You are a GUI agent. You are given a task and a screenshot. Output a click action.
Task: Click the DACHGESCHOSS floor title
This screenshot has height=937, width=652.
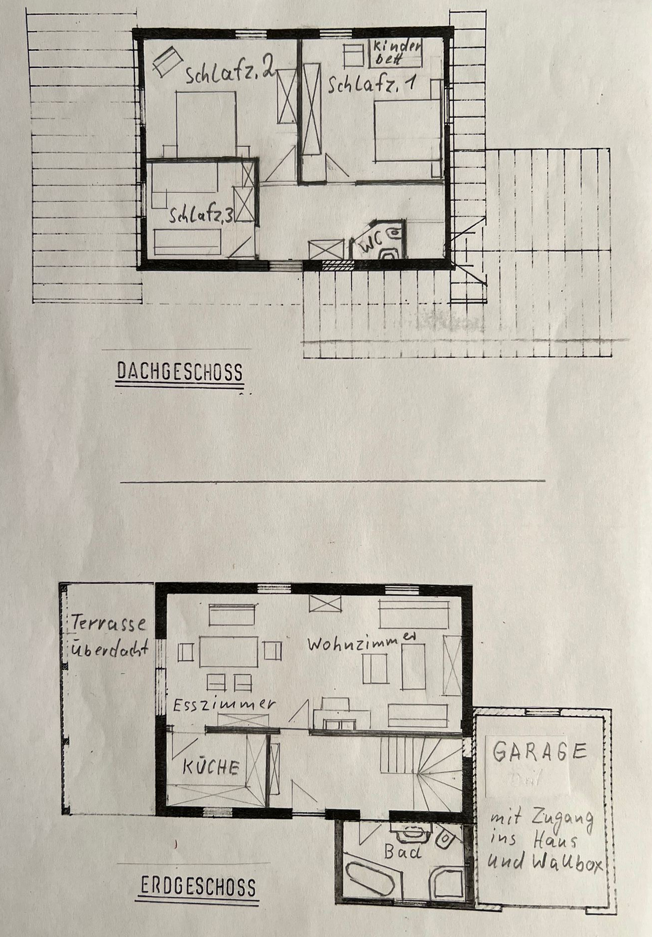tap(180, 372)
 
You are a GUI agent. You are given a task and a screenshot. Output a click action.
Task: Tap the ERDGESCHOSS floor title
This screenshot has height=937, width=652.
tap(198, 887)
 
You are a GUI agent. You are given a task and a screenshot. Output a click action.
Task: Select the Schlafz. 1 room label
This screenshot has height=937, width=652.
tap(372, 85)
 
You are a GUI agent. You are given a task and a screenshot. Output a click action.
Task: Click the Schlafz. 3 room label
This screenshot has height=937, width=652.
tap(201, 216)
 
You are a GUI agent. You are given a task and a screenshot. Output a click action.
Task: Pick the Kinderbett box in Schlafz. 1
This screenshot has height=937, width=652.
tap(396, 53)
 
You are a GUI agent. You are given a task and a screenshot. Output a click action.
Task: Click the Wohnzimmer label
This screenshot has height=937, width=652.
tap(361, 641)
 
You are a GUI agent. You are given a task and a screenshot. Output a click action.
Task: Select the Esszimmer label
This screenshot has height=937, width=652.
tap(224, 704)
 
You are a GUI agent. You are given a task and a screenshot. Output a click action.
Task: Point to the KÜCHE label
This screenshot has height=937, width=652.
tap(211, 767)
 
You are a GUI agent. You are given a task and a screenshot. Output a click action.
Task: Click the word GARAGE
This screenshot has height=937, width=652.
tap(539, 752)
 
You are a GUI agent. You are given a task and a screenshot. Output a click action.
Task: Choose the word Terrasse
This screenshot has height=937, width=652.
tap(109, 623)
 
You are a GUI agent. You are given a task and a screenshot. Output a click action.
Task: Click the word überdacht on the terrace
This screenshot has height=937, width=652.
tap(110, 648)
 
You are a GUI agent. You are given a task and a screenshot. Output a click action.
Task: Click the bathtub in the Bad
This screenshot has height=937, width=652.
tap(371, 880)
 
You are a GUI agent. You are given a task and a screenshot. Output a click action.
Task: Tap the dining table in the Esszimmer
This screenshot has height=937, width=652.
tap(229, 651)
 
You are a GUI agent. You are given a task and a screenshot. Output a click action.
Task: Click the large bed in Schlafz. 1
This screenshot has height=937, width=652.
tap(407, 131)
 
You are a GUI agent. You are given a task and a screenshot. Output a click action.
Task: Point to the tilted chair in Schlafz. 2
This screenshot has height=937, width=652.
tap(167, 61)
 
